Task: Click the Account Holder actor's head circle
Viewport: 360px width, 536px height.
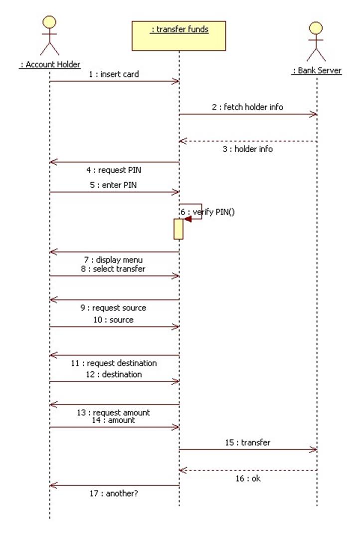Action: pyautogui.click(x=49, y=22)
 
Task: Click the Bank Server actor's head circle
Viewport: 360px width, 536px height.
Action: pyautogui.click(x=316, y=28)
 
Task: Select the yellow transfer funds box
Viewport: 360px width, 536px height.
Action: pyautogui.click(x=179, y=36)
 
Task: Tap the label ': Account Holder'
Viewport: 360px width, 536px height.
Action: pyautogui.click(x=50, y=64)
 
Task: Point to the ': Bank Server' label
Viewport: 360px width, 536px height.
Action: pyautogui.click(x=317, y=70)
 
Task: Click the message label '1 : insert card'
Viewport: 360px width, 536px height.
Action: pyautogui.click(x=114, y=74)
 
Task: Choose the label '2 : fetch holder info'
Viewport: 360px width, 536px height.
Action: pyautogui.click(x=248, y=107)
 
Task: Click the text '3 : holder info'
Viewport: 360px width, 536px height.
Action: pyautogui.click(x=248, y=149)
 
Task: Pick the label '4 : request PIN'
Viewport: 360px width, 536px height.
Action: pyautogui.click(x=114, y=170)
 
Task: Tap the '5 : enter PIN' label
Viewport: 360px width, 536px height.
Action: pyautogui.click(x=113, y=185)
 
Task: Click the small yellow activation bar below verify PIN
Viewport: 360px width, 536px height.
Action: pyautogui.click(x=179, y=229)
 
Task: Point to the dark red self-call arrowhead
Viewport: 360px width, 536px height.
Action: pyautogui.click(x=187, y=219)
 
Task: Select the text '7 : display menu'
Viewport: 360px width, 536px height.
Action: pyautogui.click(x=113, y=260)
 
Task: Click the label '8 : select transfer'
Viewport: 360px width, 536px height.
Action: pyautogui.click(x=113, y=268)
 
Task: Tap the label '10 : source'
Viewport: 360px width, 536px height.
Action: pyautogui.click(x=113, y=319)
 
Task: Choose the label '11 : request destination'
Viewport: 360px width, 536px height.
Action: pyautogui.click(x=114, y=363)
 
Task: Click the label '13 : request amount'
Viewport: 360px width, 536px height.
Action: pyautogui.click(x=113, y=412)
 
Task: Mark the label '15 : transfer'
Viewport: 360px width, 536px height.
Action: pyautogui.click(x=248, y=442)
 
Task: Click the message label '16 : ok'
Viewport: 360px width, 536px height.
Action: pyautogui.click(x=248, y=479)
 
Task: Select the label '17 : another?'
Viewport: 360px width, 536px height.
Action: pyautogui.click(x=114, y=493)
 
